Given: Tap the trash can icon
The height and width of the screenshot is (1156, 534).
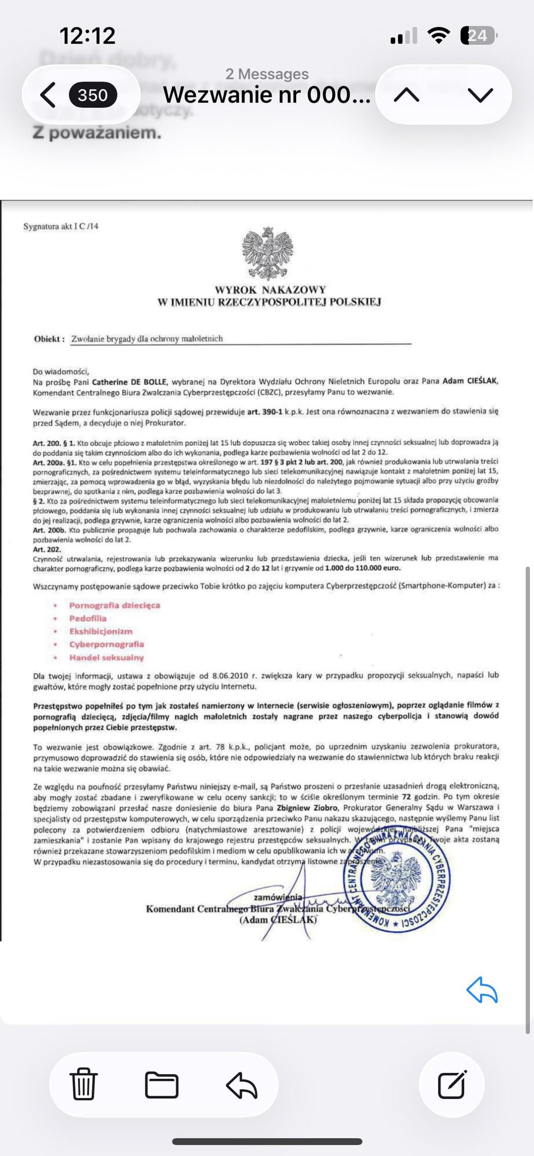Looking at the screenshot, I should pos(84,1085).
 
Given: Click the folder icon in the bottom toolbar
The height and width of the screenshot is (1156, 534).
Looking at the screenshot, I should pos(162,1085).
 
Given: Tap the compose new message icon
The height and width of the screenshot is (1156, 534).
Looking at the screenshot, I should pos(452,1085).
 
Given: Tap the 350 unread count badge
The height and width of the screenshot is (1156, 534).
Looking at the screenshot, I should pos(92,95).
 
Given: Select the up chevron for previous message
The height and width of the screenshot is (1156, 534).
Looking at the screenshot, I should pos(406,95).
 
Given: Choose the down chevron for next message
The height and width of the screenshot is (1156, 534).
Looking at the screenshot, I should pos(480,95).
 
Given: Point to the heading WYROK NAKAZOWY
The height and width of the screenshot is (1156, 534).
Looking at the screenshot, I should pos(270,290).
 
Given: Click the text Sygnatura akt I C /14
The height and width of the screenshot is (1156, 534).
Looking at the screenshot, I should pos(61,227).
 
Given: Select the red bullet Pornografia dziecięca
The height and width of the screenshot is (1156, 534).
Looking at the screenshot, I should pos(115,605).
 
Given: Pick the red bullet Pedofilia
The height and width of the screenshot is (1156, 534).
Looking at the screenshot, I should pos(88,618).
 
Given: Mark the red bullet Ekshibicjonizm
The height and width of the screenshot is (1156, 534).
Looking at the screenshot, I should pos(101,632).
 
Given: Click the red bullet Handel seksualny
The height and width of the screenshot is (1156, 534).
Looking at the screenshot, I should pos(106,658).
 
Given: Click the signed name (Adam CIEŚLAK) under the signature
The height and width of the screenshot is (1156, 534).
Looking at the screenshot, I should pos(278,920).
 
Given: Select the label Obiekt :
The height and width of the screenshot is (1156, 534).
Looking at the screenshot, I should pos(49,339).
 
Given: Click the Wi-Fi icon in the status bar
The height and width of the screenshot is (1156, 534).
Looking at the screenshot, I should pos(438,36).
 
